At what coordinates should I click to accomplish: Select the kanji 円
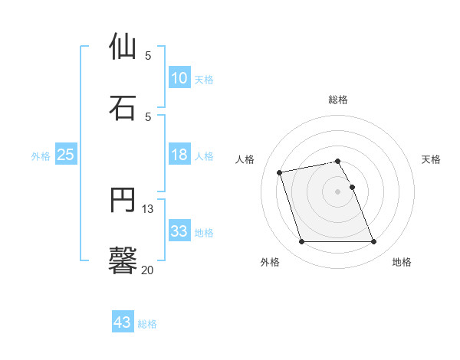coord(123,200)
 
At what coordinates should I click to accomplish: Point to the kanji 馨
coord(123,260)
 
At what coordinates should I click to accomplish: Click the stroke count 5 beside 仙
coord(148,55)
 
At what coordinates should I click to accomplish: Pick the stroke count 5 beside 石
coord(148,116)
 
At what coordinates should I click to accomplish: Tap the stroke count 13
coord(148,208)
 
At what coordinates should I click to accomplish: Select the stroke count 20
coord(148,270)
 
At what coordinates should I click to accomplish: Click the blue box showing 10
coord(179,78)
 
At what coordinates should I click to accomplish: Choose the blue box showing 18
coord(179,155)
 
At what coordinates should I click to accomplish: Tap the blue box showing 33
coord(179,231)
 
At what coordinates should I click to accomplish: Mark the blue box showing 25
coord(66,155)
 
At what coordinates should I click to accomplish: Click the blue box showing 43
coord(122,322)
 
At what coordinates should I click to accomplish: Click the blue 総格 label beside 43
coord(147,324)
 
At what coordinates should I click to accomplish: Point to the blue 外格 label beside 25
coord(41,156)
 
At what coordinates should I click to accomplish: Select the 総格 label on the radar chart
coord(338,100)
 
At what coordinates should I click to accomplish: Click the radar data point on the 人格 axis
coord(280,172)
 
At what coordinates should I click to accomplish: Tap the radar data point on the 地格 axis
coord(373,242)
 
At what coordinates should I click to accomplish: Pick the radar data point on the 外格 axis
coord(301,242)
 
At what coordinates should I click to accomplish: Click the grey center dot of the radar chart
coord(338,191)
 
